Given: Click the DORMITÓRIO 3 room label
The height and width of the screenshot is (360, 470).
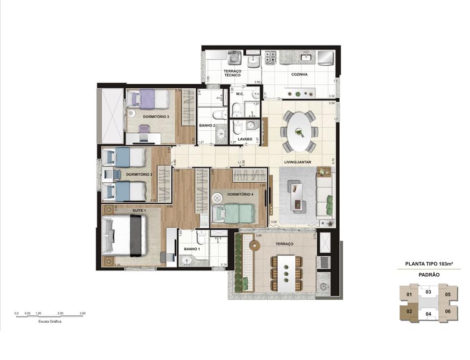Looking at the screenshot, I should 156,117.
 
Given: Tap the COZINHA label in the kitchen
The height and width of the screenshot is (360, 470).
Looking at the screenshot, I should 299,74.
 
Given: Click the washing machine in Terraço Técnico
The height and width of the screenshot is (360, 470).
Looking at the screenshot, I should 235,59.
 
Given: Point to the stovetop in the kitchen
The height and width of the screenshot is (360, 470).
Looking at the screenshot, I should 270,58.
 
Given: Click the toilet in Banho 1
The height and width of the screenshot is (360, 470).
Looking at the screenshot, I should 201,238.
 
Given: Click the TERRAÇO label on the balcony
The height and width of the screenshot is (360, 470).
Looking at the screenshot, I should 284,243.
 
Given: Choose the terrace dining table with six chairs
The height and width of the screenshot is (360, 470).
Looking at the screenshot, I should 286,273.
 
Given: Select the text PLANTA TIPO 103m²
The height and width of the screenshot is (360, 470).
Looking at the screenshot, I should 429,264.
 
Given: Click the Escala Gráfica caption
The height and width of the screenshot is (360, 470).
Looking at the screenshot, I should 49,322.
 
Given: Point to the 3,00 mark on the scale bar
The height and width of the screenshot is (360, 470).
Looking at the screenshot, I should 83,313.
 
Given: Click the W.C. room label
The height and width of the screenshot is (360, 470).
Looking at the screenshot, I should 240,94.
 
